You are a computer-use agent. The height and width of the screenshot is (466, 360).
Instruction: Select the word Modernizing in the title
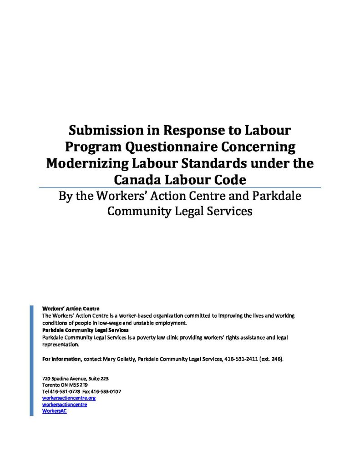point(90,163)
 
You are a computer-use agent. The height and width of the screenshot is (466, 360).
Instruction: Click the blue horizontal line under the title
point(180,187)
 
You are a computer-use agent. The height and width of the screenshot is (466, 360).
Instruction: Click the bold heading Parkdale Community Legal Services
point(85,329)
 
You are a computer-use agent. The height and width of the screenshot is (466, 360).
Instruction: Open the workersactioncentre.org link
point(69,398)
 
